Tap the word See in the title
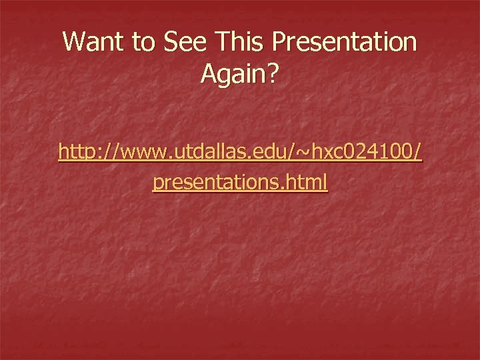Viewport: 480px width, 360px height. tap(183, 43)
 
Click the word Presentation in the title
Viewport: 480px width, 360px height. tap(345, 43)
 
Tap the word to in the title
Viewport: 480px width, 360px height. tap(143, 43)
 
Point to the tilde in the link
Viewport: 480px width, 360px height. tap(303, 153)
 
